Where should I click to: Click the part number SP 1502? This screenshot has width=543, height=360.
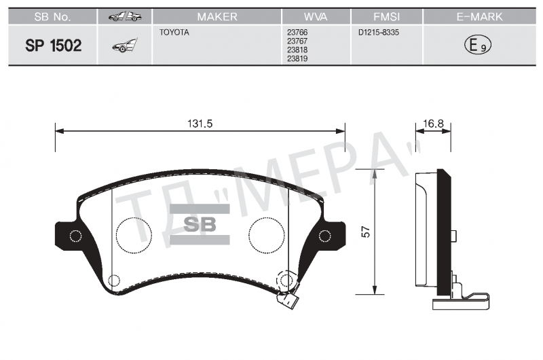54,46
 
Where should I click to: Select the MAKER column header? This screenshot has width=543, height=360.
217,16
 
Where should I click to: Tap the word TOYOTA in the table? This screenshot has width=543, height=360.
174,32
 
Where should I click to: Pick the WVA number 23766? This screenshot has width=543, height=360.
297,32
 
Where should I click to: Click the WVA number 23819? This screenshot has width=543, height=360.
297,58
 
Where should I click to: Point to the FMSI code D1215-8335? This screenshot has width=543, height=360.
379,32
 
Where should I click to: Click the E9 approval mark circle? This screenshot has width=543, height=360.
478,45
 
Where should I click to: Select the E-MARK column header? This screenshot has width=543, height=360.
479,16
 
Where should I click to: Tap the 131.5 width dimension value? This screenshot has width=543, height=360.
200,124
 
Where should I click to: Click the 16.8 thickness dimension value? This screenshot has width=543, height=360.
433,124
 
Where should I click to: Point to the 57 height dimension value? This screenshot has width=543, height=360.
366,232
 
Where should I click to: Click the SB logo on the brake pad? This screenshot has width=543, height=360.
200,225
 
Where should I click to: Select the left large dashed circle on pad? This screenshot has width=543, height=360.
134,235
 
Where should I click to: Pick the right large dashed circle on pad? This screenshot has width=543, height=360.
267,235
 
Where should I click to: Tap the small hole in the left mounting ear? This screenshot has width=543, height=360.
75,236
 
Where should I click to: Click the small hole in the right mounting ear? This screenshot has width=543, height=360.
325,236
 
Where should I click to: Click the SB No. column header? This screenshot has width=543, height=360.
53,16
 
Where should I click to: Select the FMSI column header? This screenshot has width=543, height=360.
386,16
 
